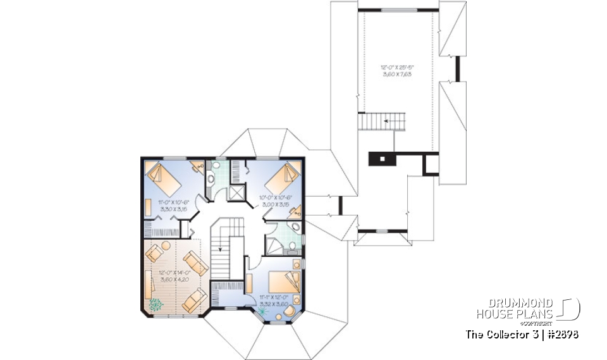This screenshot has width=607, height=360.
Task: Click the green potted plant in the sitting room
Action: [154, 305]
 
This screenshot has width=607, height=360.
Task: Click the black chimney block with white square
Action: [382, 158]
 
